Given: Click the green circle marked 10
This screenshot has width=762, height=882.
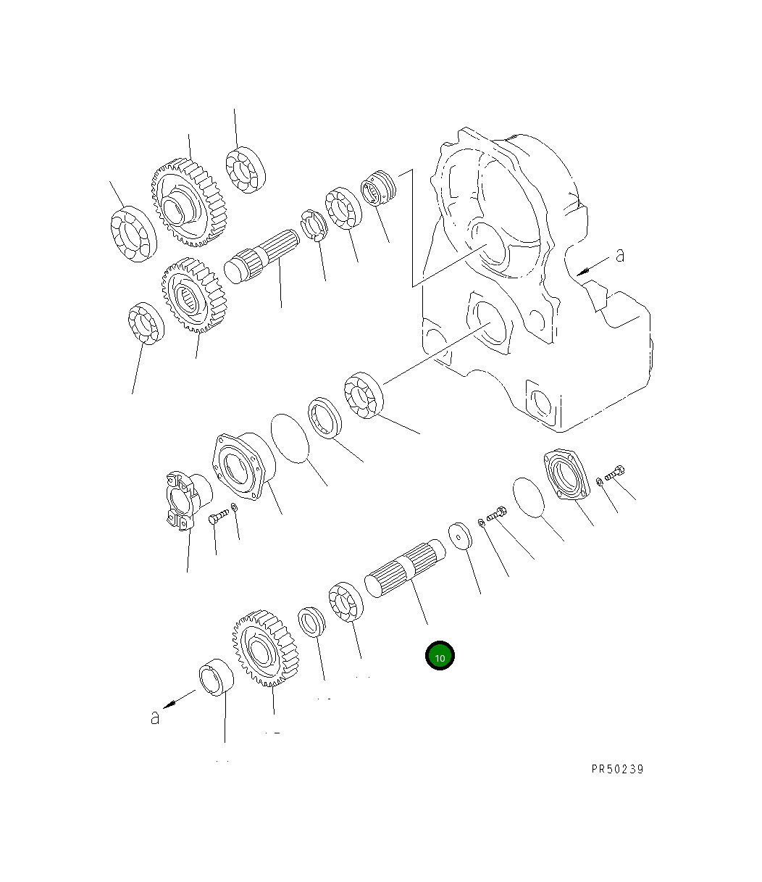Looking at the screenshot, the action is [x=440, y=655].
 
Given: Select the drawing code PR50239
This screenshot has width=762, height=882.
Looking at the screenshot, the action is [x=617, y=769].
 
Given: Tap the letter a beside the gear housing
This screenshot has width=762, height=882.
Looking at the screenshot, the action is [x=620, y=255].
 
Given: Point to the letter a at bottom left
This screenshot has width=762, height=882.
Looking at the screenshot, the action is [x=155, y=717].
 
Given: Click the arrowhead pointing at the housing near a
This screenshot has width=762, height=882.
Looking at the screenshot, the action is [x=583, y=271].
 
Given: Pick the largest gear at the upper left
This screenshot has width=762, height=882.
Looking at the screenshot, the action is [x=189, y=203].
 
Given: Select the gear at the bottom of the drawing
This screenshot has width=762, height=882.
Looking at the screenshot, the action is [x=265, y=648].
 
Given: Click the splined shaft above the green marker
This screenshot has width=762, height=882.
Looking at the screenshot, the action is [x=405, y=568].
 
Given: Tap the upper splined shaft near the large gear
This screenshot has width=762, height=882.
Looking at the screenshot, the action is [x=261, y=256].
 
